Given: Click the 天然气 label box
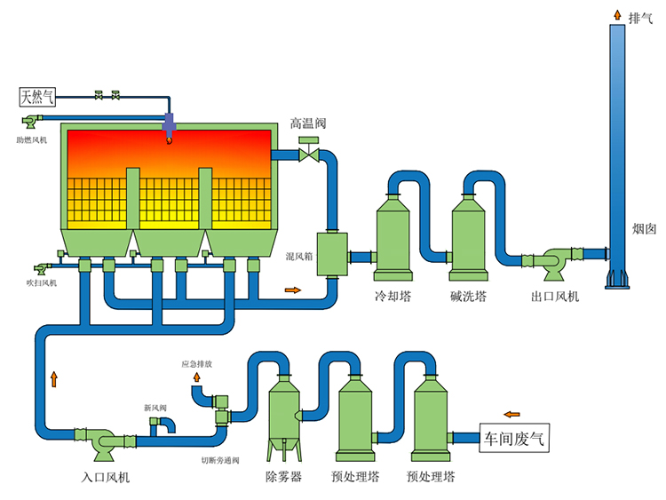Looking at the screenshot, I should click(x=38, y=95).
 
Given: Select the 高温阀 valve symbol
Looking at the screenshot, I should click(x=310, y=153).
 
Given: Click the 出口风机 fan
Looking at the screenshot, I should click(x=559, y=262).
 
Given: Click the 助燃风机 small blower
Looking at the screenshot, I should click(x=31, y=121).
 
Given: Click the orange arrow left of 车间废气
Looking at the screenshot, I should click(x=511, y=413).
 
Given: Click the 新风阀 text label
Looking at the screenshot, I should click(x=155, y=408).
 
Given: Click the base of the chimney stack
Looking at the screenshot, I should click(x=617, y=278).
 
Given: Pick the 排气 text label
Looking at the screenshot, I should click(x=640, y=18).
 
